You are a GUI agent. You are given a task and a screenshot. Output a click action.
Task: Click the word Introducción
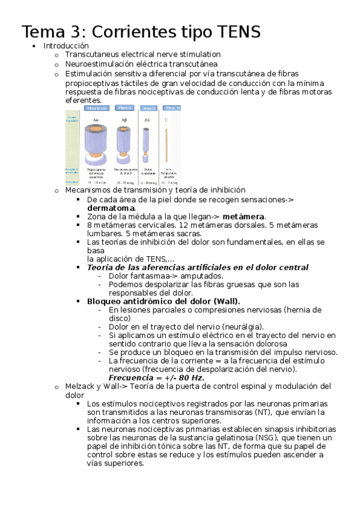(66, 46)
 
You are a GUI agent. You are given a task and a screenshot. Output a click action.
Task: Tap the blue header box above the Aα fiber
(97, 108)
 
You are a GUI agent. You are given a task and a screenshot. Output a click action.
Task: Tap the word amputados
(203, 275)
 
